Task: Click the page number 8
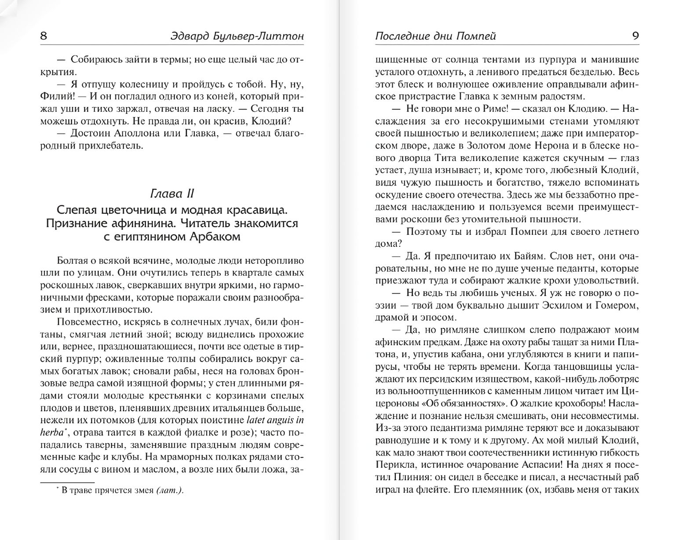[x=44, y=36]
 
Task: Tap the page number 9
[x=635, y=36]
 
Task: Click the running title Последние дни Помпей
[x=435, y=36]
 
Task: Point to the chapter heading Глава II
[x=172, y=193]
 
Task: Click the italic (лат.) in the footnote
[x=170, y=491]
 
